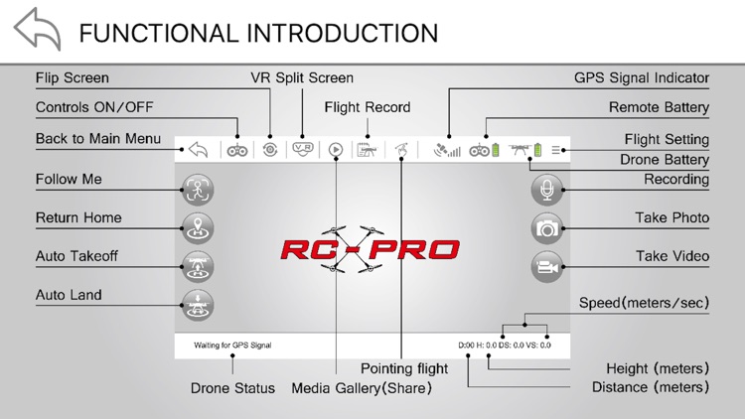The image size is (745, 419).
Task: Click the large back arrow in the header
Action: coord(37,30)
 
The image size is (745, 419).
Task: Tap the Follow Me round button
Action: coord(198,189)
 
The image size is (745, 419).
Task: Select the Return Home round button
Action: coord(198,227)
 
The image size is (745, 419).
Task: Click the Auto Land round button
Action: coord(198,305)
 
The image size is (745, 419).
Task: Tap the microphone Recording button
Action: coord(546,189)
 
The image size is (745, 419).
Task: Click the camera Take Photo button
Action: coord(546,227)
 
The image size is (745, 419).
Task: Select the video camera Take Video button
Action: coord(546,266)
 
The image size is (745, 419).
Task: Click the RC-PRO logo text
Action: coord(370,248)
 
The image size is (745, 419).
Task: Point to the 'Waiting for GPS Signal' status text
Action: coord(232,346)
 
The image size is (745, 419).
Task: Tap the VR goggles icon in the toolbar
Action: coord(303,150)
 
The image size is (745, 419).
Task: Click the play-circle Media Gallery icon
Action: coord(336,150)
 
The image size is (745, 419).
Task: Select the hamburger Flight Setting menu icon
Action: coord(557,150)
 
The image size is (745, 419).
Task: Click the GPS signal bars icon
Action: coord(448,150)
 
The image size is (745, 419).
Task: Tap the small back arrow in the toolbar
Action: coord(198,150)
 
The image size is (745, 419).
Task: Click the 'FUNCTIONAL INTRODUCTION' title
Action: coord(258,32)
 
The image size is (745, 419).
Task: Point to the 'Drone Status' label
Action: coord(232,388)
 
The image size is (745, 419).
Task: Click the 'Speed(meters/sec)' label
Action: coord(644,303)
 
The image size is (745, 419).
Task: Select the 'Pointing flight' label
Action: coord(404,368)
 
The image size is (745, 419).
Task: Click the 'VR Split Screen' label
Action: coord(302,77)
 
